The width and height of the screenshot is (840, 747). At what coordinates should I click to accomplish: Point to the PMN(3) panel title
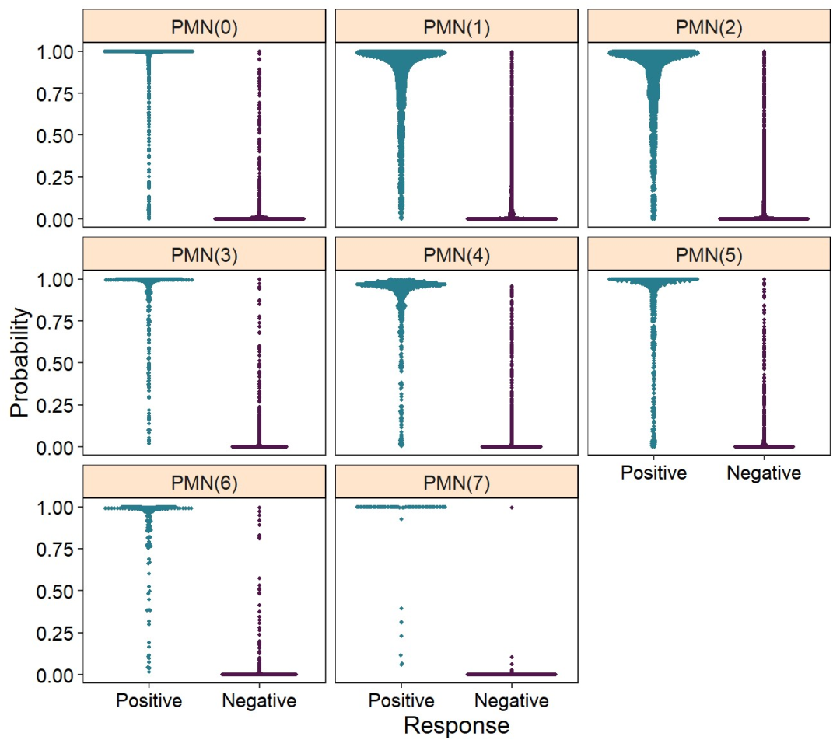click(204, 255)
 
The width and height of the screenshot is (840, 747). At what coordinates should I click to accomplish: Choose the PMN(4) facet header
click(457, 255)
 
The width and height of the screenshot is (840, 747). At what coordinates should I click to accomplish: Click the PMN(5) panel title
click(709, 255)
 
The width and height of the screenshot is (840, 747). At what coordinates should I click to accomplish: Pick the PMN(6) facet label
click(204, 483)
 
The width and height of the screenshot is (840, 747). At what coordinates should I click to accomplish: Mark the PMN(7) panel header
click(457, 483)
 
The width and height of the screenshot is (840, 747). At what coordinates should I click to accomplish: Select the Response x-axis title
click(457, 726)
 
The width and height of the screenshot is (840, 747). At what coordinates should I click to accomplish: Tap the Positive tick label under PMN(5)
click(653, 473)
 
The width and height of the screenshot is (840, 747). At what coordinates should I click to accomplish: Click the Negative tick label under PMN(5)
click(763, 473)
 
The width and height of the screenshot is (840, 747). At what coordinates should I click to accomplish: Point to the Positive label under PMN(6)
click(149, 701)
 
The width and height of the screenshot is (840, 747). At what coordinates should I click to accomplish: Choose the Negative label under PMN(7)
click(511, 701)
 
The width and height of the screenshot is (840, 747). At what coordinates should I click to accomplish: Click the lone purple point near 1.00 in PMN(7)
click(512, 507)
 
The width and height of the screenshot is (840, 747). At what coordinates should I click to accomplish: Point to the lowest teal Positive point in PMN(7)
click(401, 665)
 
